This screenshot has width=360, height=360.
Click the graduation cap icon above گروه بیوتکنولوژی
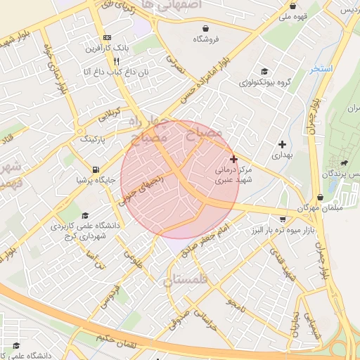[x=264, y=71]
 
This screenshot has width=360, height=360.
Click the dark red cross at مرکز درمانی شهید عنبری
[x=233, y=160]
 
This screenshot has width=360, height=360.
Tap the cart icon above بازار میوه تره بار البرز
[x=283, y=219]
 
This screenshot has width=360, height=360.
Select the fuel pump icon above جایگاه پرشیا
[x=95, y=169]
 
